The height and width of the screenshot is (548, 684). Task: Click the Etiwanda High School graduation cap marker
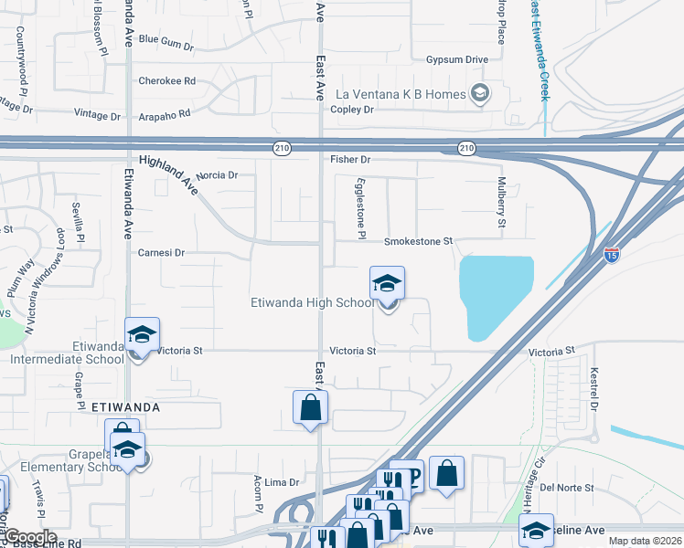[x=387, y=284]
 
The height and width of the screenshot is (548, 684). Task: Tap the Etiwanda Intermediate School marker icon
[x=142, y=334]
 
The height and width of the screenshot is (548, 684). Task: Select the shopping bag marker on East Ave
[x=310, y=407]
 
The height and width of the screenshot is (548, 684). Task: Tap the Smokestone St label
[x=418, y=241]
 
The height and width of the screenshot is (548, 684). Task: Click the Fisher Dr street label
[x=350, y=159]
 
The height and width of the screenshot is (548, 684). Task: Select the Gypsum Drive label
[x=456, y=59]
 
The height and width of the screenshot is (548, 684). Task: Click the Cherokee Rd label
[x=166, y=80]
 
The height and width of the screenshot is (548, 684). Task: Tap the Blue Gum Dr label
[x=166, y=41]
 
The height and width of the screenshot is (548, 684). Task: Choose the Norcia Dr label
[x=217, y=174]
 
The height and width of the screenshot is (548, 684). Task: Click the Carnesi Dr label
[x=161, y=252]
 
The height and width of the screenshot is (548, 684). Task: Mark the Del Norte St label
[x=567, y=488]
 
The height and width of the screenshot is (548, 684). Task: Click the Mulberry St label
[x=501, y=204]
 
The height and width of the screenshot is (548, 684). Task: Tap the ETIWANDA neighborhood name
[x=126, y=406]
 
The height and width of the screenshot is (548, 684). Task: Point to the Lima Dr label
[x=282, y=482]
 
